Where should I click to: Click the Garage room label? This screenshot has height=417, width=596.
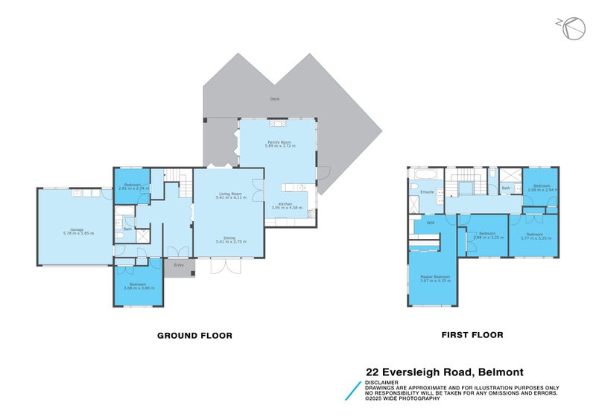point(77,229)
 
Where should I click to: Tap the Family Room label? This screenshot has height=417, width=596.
point(279,141)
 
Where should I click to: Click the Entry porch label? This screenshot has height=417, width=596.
point(179,265)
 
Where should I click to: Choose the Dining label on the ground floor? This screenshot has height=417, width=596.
point(229,238)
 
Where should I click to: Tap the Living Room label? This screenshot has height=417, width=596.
point(229,193)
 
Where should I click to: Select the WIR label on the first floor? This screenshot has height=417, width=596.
point(430,223)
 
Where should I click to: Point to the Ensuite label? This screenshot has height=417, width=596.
point(427,192)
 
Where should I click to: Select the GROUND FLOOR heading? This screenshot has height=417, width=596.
point(194,336)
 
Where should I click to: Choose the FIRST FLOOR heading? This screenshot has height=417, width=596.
point(472,335)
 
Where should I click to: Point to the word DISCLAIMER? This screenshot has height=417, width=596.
point(382,382)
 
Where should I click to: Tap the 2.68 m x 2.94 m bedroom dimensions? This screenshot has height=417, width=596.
point(542,190)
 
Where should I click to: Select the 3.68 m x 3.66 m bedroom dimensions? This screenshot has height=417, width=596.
point(138,287)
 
